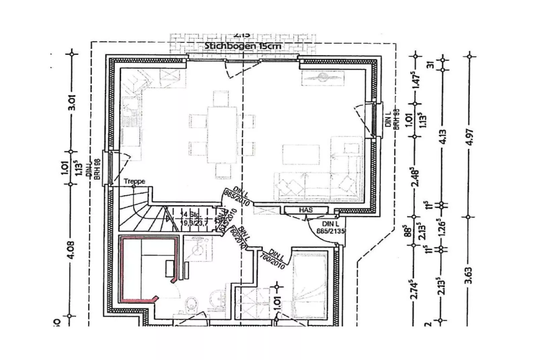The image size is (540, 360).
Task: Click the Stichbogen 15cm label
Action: pyautogui.click(x=243, y=46)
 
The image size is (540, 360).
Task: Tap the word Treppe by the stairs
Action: pyautogui.click(x=134, y=181)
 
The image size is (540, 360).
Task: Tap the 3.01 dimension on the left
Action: pyautogui.click(x=72, y=103)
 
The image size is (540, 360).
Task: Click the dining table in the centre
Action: pyautogui.click(x=222, y=135)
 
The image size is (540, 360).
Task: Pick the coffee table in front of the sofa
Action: pyautogui.click(x=301, y=155)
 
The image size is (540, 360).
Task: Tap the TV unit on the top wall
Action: pyautogui.click(x=322, y=78)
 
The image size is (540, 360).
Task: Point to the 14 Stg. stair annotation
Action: pyautogui.click(x=191, y=214)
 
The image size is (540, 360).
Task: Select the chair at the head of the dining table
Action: pyautogui.click(x=221, y=98)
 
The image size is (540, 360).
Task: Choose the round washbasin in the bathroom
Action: pyautogui.click(x=218, y=297)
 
